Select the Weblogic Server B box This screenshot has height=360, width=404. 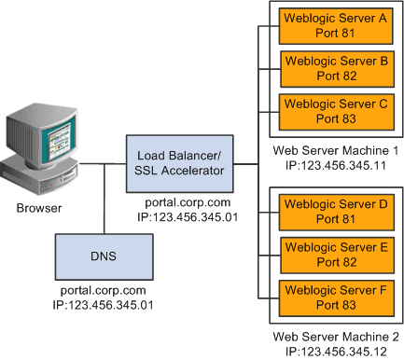tap(334, 69)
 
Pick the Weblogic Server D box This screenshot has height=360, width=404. tap(334, 210)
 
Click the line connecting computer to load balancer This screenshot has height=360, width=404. tap(107, 164)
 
